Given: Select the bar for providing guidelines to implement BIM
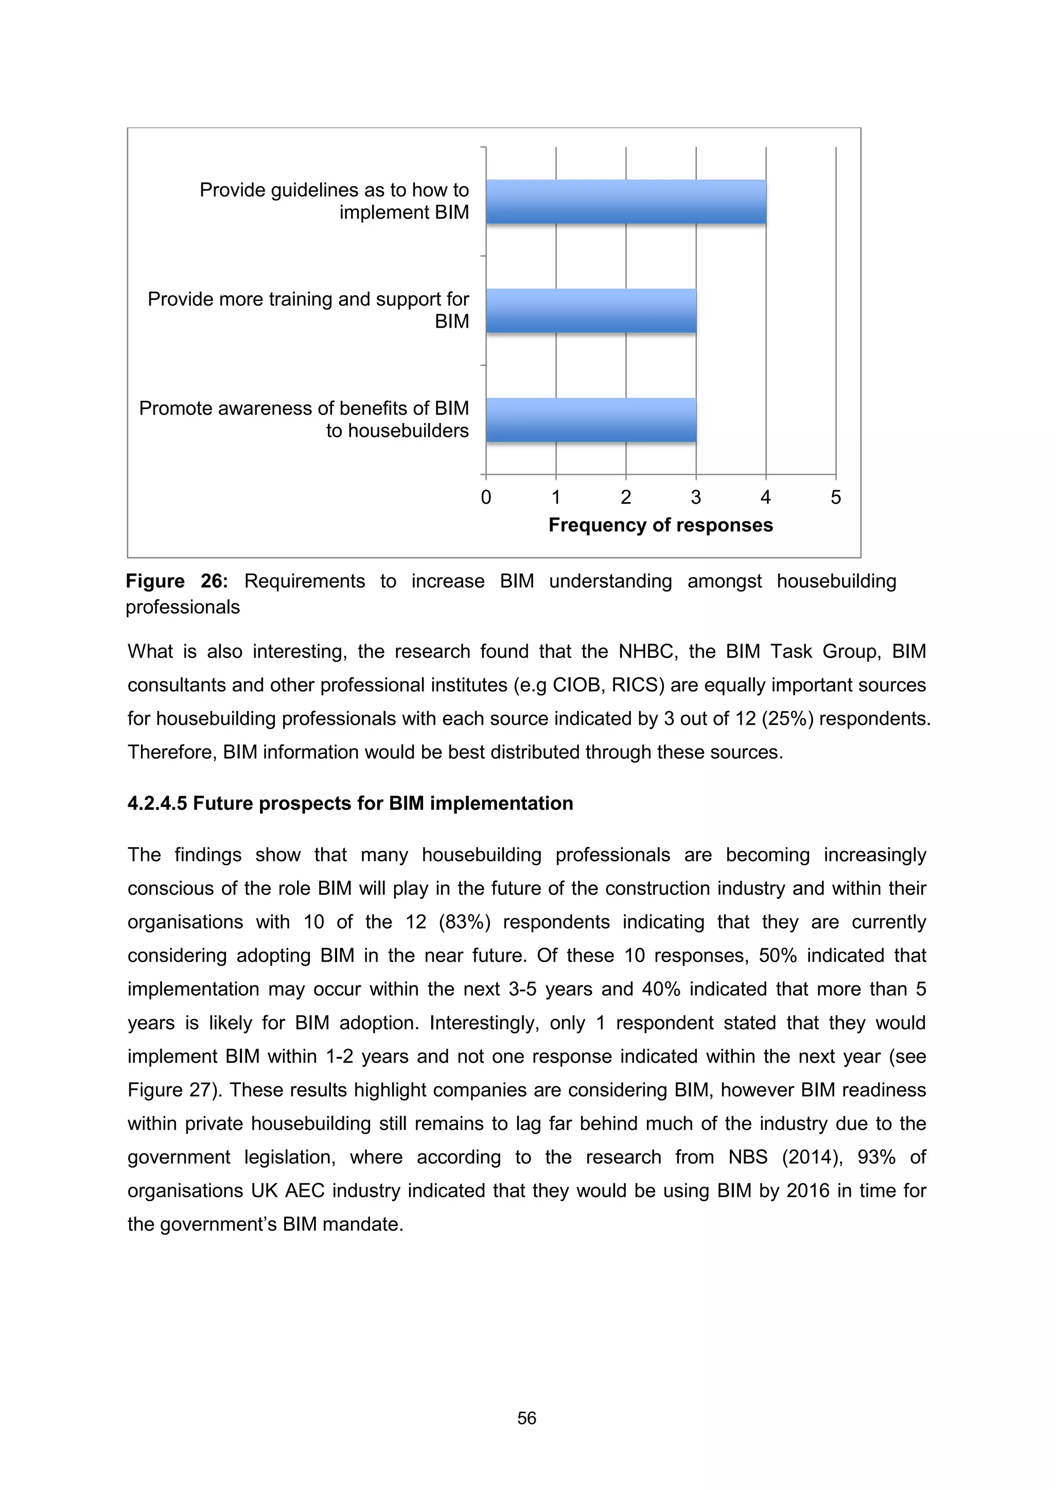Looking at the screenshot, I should [626, 202].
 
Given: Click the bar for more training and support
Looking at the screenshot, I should [591, 311].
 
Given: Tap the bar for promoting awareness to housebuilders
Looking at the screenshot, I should [591, 420].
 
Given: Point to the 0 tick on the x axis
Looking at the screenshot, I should [486, 498].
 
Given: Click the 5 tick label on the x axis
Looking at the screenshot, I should [836, 498].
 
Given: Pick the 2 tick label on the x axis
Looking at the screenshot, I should [626, 498].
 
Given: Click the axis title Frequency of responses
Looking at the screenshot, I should [660, 525].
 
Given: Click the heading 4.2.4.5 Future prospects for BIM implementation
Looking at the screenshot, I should [350, 803].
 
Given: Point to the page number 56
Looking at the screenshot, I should [526, 1418].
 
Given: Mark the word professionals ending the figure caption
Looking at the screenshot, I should [183, 607].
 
